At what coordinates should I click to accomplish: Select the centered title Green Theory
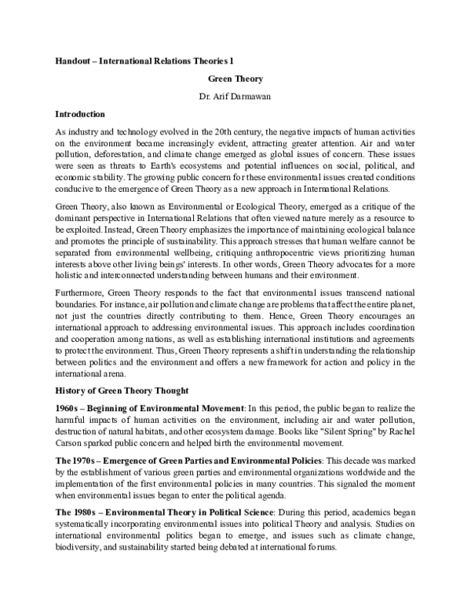pyautogui.click(x=235, y=79)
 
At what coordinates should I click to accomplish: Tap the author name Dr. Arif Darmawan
pyautogui.click(x=235, y=96)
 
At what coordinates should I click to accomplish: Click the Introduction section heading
pyautogui.click(x=82, y=112)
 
